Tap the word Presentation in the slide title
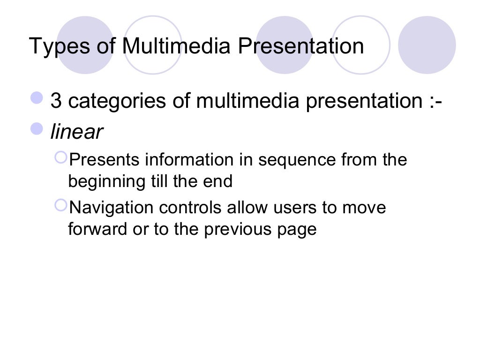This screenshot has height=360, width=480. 300,46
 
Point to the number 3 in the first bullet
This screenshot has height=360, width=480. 56,101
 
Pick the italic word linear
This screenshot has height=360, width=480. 76,132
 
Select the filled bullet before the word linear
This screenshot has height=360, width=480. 37,129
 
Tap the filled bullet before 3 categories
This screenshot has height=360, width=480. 37,98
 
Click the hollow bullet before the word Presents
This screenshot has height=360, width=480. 61,157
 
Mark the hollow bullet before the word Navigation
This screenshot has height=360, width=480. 61,205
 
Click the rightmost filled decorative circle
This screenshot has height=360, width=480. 427,45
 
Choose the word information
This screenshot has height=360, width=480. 188,160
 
